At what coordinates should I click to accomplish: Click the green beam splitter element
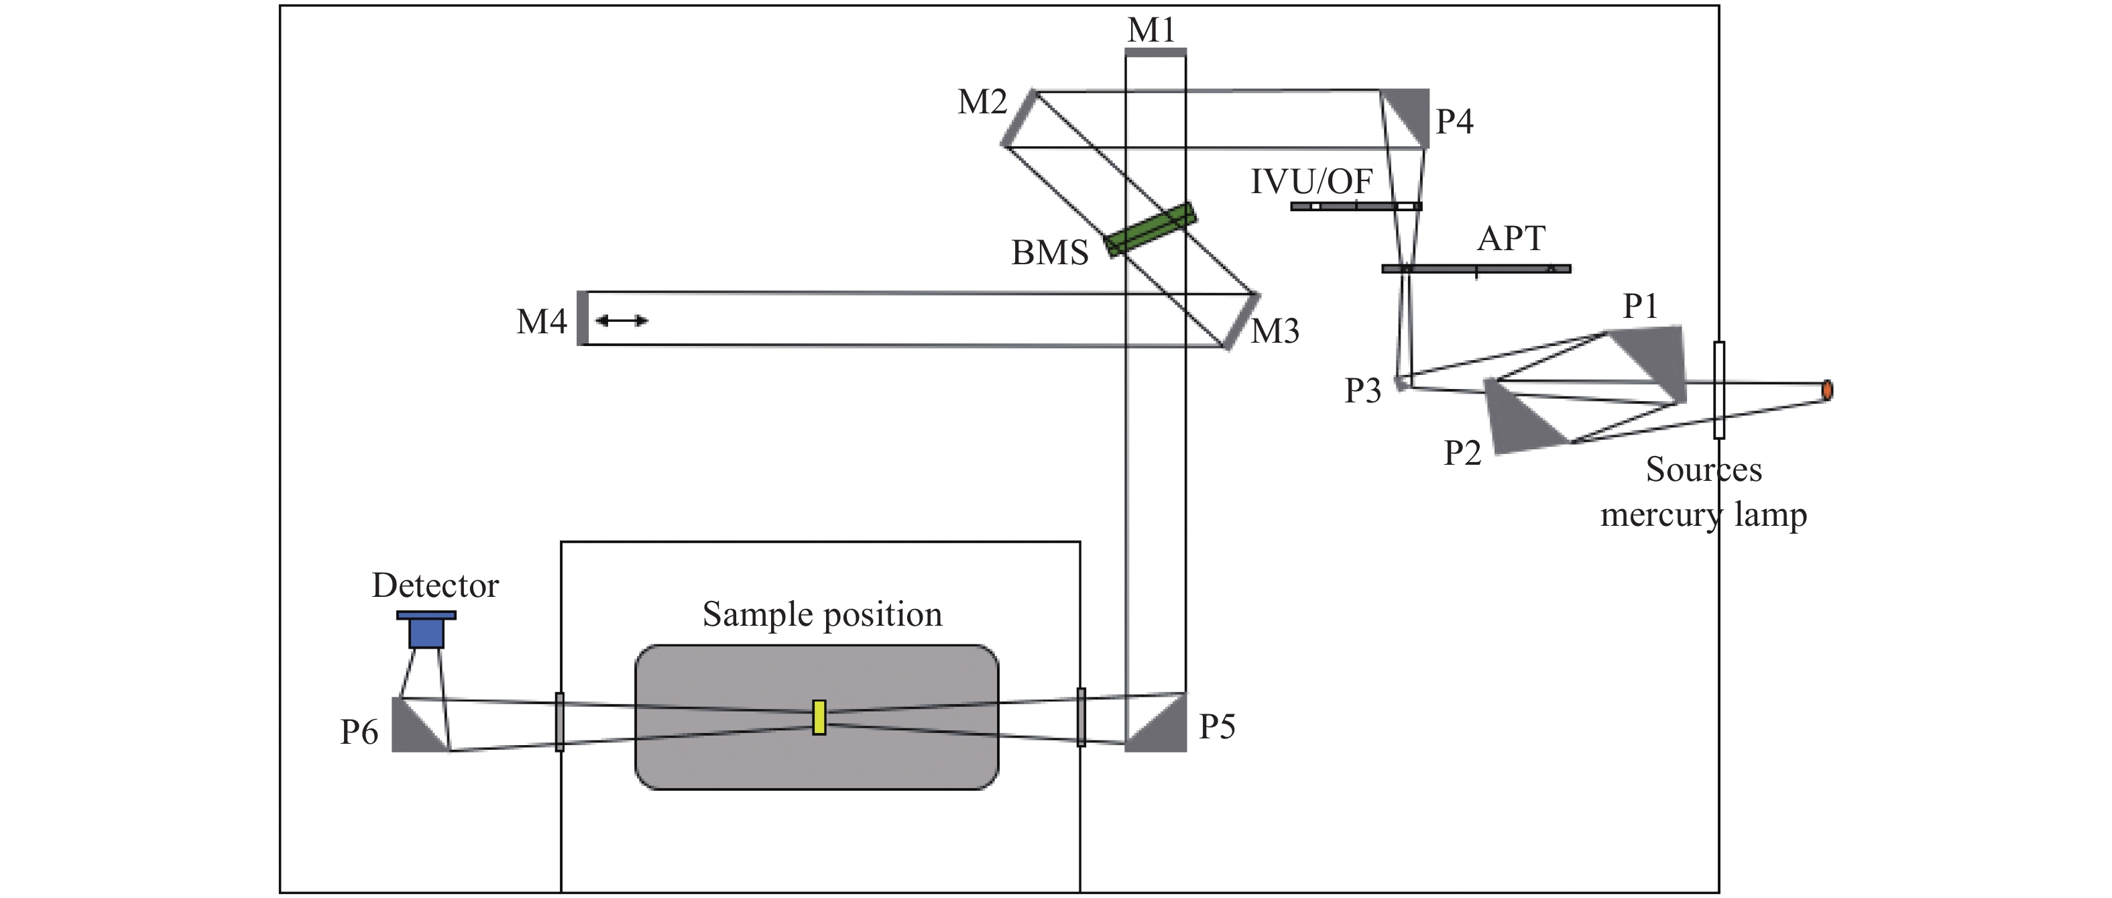[x=1151, y=229]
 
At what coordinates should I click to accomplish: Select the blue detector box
[x=426, y=629]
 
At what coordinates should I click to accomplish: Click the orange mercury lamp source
[x=1826, y=390]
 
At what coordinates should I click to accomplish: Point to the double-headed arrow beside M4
[x=622, y=320]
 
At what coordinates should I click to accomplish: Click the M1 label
[x=1151, y=30]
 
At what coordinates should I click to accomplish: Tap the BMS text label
[x=1049, y=253]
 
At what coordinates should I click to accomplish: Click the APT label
[x=1511, y=239]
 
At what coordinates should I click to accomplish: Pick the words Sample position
[x=822, y=614]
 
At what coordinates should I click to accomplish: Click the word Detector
[x=435, y=585]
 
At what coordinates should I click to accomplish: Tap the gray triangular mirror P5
[x=1155, y=722]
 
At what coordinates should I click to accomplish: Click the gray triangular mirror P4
[x=1405, y=118]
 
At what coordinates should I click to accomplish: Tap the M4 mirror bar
[x=582, y=318]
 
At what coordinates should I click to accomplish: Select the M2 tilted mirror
[x=1019, y=118]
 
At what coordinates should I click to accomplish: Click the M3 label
[x=1275, y=331]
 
